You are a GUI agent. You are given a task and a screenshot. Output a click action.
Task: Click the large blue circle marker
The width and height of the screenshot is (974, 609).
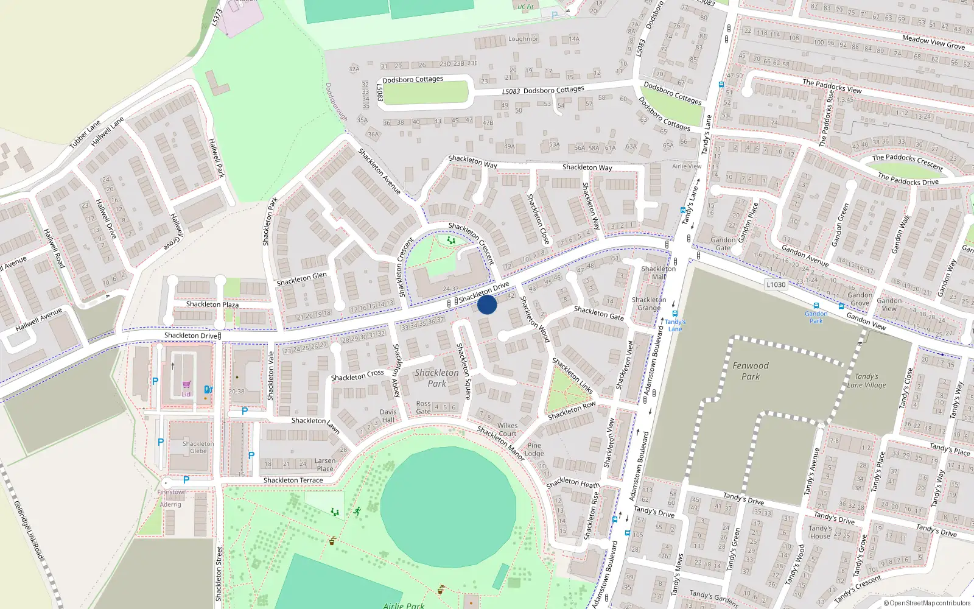point(487,304)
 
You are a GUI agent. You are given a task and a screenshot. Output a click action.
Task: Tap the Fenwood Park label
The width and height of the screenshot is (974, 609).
point(750,371)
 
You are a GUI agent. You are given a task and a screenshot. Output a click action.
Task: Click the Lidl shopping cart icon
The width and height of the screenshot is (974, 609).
point(186,385)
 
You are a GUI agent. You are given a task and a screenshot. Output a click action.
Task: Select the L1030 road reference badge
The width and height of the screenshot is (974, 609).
point(776,284)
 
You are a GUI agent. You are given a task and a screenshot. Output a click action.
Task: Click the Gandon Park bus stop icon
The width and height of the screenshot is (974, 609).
point(816,306)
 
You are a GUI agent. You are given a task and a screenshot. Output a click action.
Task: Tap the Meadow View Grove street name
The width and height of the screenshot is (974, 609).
point(933,41)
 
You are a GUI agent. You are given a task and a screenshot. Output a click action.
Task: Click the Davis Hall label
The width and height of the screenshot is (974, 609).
point(388,416)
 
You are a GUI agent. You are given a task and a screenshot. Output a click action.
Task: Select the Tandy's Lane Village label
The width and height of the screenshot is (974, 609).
point(866,381)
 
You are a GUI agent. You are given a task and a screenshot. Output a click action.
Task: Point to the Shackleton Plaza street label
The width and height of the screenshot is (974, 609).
point(212,304)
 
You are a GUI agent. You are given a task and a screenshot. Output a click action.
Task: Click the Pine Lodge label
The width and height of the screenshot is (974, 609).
point(534,449)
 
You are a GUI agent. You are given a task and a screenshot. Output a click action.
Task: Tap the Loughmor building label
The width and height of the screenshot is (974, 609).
point(523,39)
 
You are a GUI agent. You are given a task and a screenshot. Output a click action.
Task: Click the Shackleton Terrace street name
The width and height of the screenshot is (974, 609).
point(293,480)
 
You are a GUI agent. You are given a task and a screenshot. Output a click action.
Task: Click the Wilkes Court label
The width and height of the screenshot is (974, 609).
point(507,430)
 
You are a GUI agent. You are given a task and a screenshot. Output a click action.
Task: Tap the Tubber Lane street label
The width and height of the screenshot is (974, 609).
point(85,135)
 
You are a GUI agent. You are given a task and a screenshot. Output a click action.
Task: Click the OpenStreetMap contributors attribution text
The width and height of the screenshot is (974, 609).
point(927,603)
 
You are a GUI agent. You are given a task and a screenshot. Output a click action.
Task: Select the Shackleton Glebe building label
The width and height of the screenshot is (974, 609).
point(198,447)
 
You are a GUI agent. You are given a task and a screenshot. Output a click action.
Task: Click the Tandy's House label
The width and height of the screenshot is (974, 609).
point(819,532)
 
